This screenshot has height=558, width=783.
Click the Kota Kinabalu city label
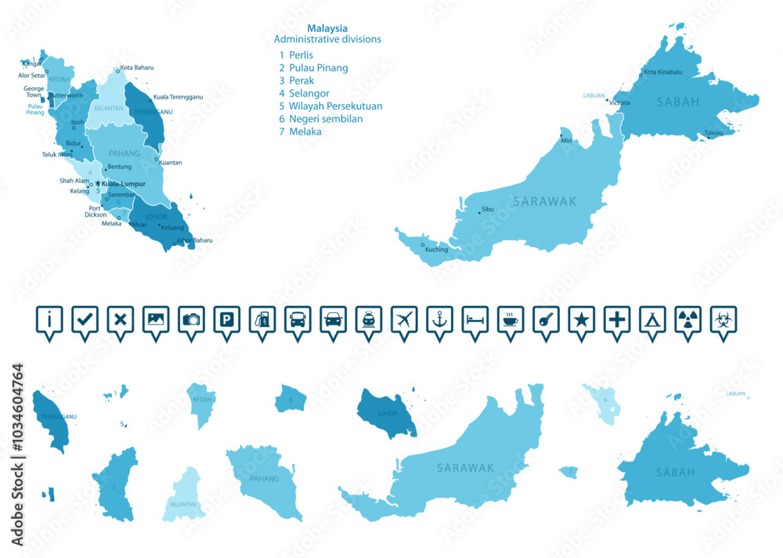point(662,73)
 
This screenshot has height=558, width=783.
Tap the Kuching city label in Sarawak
point(436,250)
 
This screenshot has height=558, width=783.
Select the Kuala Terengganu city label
point(178,97)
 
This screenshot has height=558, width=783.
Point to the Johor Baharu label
point(195,240)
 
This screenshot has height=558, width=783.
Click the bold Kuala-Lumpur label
point(124,183)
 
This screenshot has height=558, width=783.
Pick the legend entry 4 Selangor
point(303,93)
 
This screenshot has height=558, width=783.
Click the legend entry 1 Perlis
point(296,55)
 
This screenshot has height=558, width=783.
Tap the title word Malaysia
point(327,28)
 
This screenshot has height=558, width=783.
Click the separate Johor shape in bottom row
point(384,410)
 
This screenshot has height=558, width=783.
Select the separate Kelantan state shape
point(186,493)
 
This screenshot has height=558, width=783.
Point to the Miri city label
point(566,140)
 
